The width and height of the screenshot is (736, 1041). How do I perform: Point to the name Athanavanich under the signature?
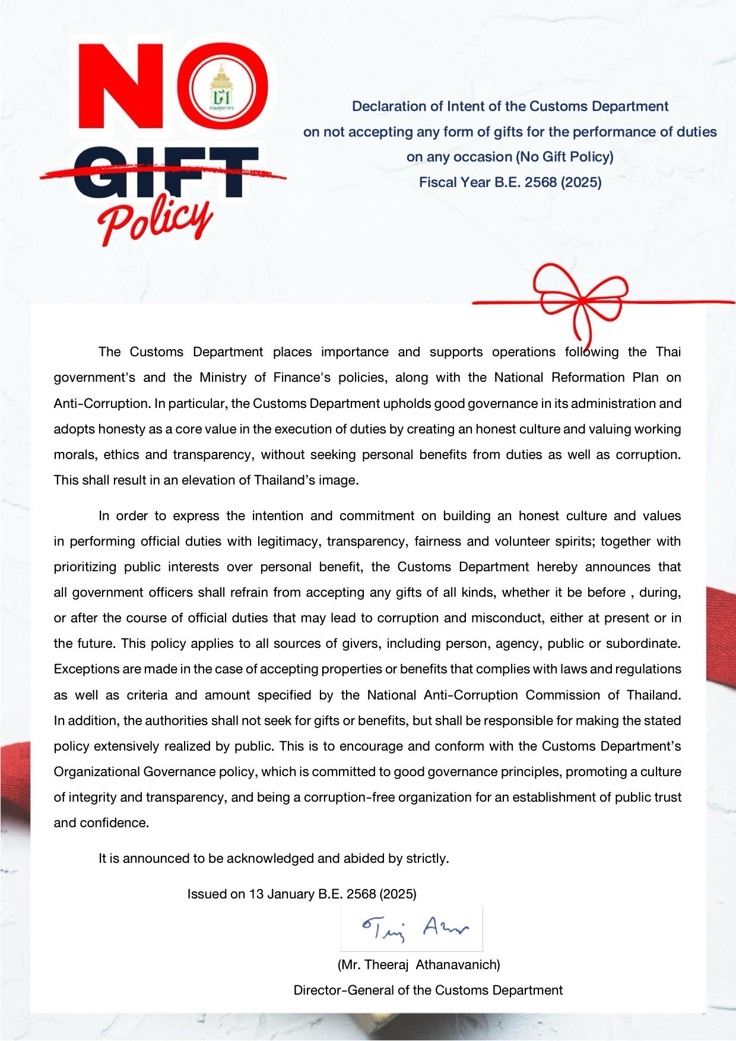(x=458, y=964)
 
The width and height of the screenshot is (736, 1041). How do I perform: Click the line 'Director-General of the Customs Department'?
(x=428, y=990)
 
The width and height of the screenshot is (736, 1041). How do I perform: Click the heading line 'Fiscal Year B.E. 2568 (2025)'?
(x=510, y=182)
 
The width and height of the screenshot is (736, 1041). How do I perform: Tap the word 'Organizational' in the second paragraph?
(x=97, y=772)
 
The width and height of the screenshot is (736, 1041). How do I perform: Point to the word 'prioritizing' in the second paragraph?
(x=85, y=567)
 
